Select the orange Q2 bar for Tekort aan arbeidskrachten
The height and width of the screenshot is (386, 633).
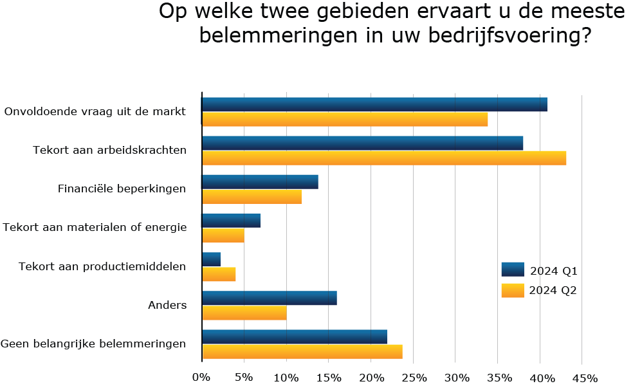(x=384, y=158)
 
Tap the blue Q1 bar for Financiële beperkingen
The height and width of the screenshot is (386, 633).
(x=260, y=182)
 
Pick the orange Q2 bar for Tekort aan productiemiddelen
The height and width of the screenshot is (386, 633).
(x=219, y=274)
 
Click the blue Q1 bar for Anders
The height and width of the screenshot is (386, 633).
(x=269, y=298)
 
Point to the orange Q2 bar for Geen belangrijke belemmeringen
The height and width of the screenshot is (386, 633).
(x=302, y=351)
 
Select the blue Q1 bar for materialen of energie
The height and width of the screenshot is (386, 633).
(x=231, y=221)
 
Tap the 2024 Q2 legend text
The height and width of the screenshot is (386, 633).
(x=553, y=290)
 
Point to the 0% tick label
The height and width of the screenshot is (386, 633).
(x=201, y=377)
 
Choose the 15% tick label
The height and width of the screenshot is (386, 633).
(x=329, y=377)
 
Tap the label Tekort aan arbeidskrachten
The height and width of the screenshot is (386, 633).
(x=109, y=151)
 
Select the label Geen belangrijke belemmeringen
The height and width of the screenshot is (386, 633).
(x=93, y=344)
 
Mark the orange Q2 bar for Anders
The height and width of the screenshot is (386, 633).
(x=244, y=313)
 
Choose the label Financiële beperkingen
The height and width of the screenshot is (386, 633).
(x=122, y=189)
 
